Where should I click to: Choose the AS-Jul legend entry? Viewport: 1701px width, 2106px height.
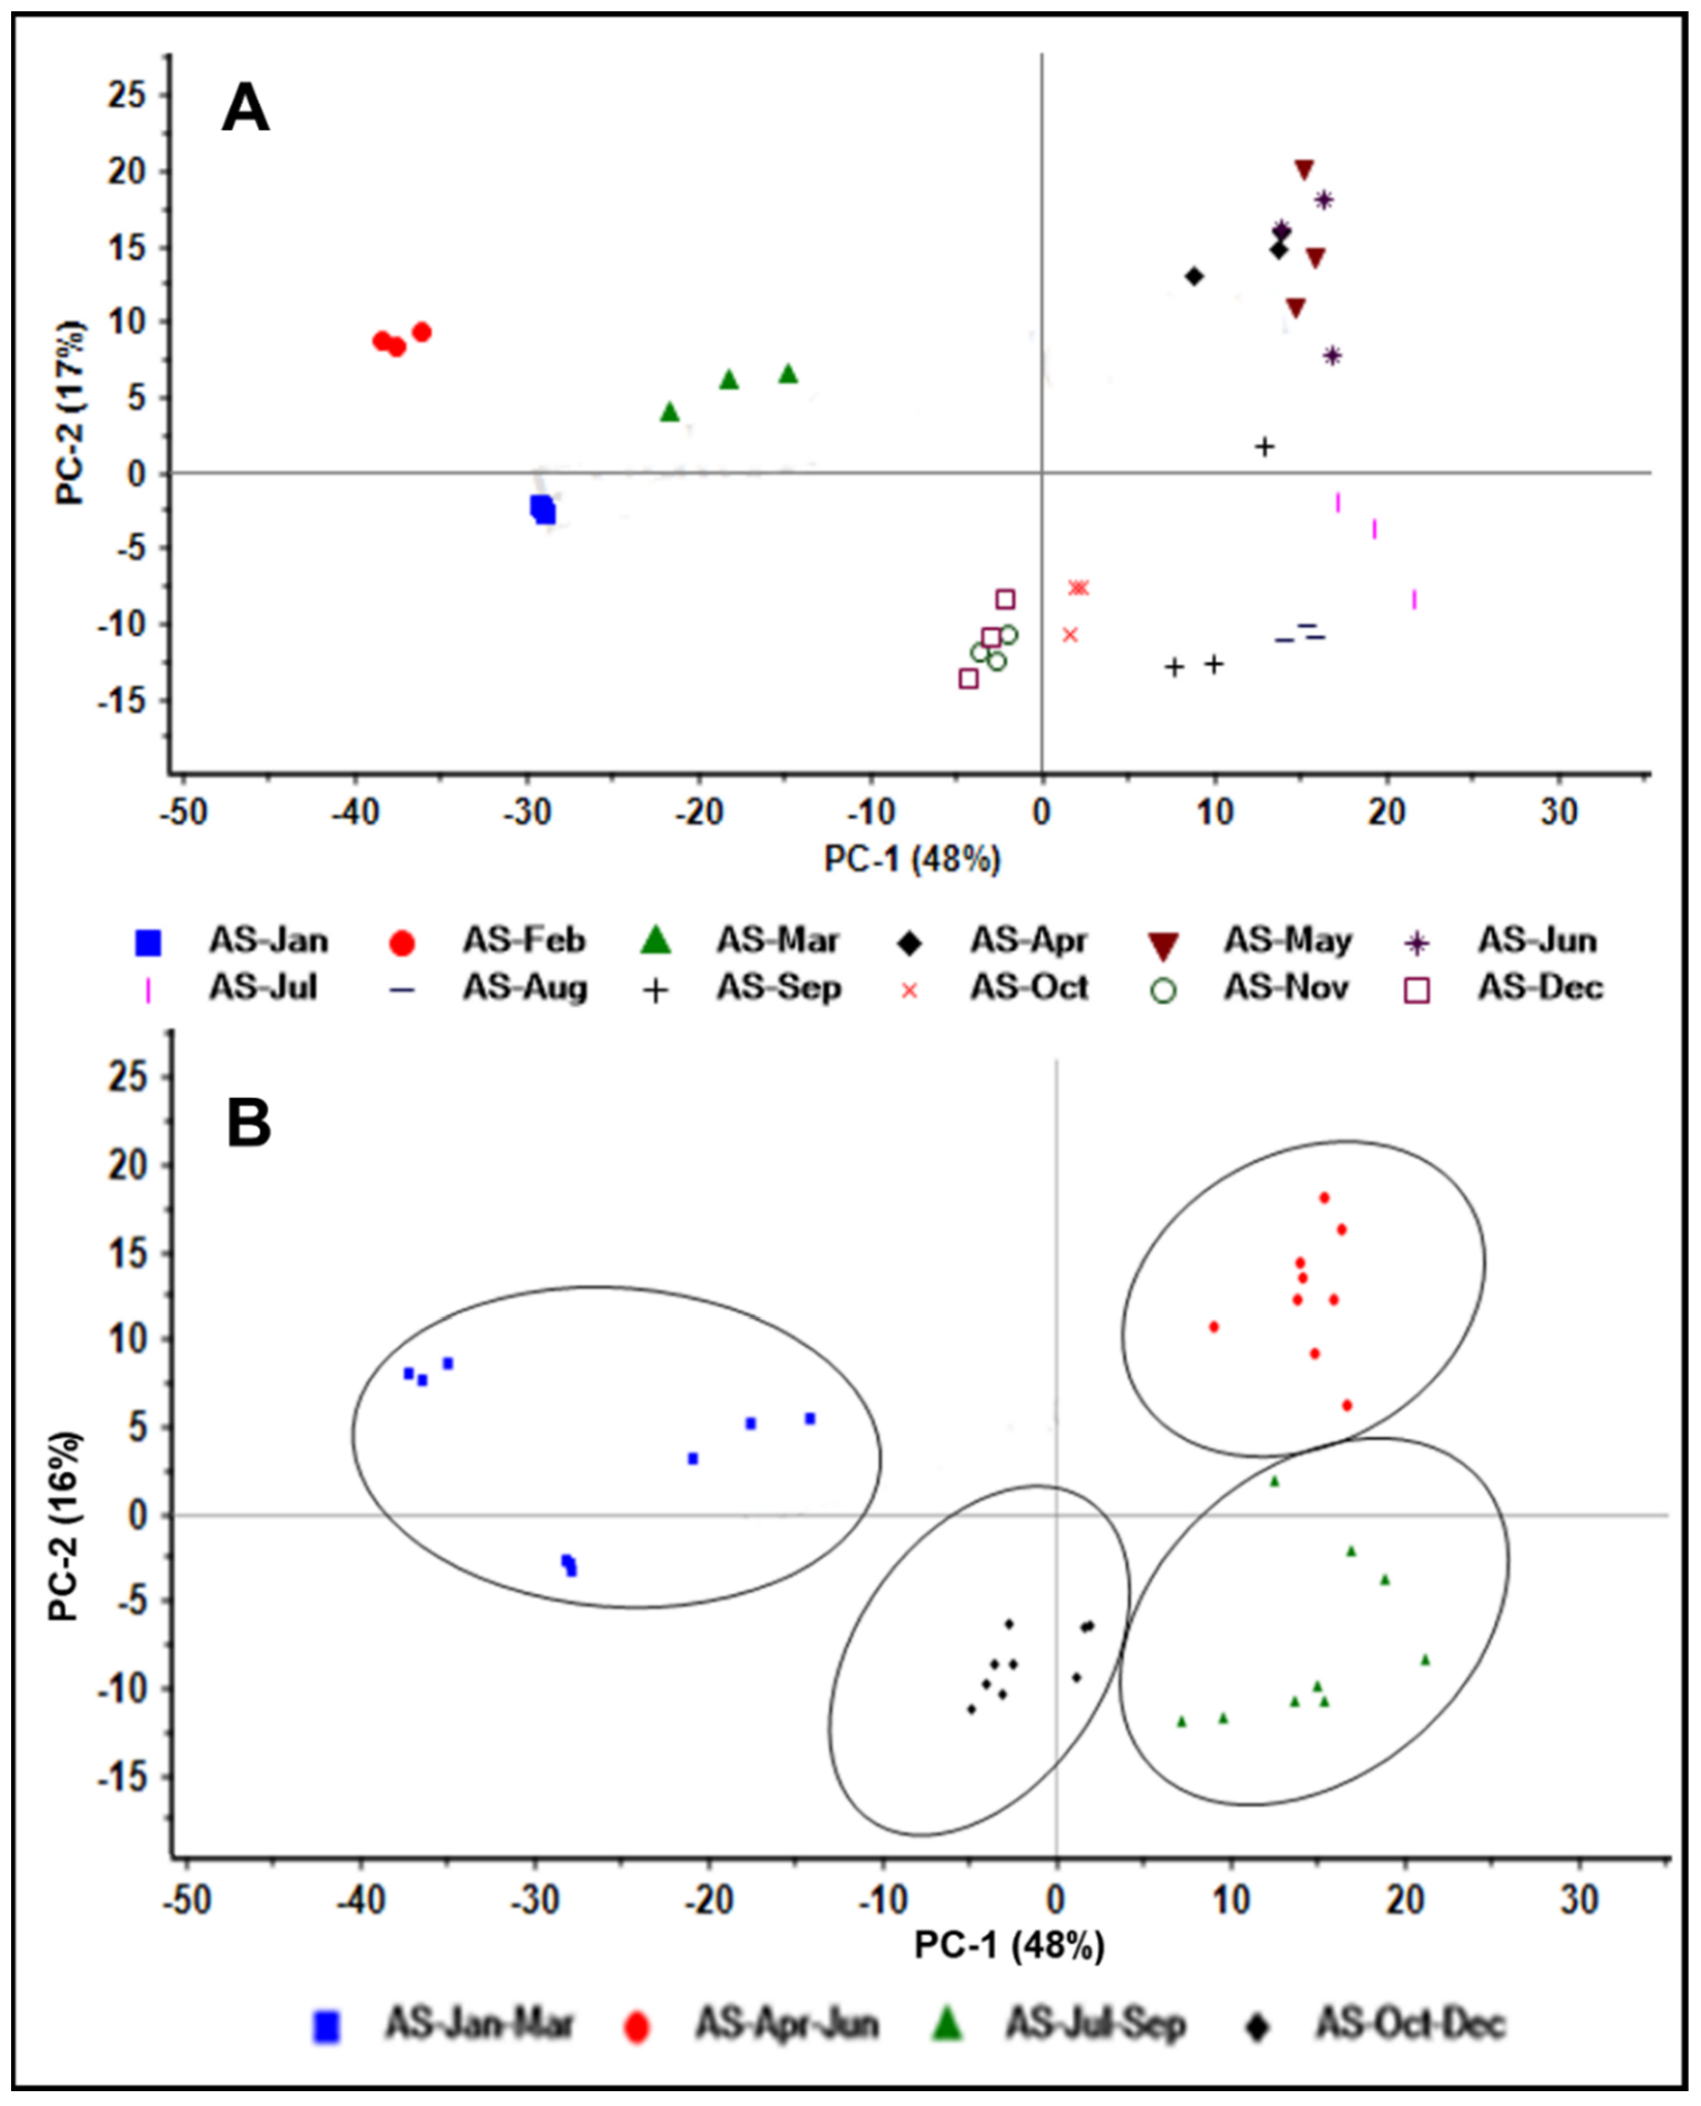263,988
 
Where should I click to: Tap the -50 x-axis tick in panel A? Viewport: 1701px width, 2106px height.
185,812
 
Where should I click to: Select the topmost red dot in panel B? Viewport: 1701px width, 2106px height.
1324,1197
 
